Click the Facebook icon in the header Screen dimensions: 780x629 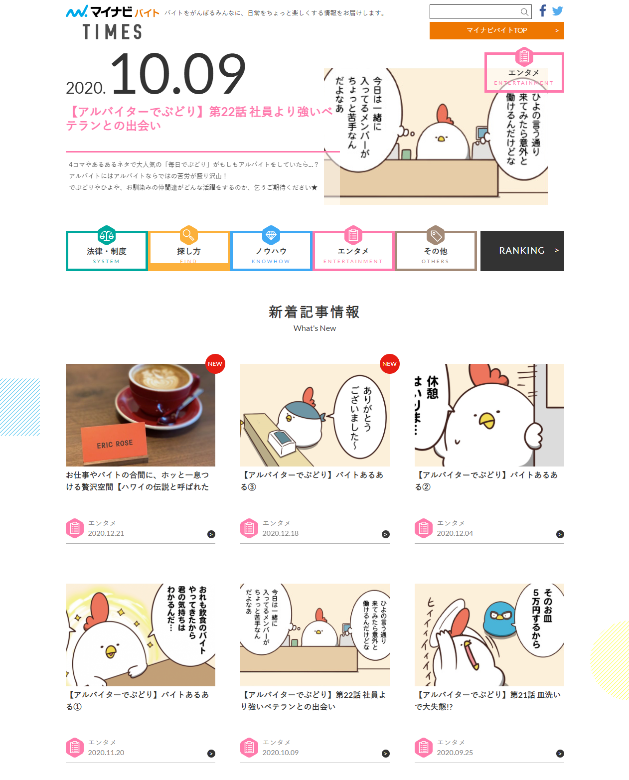pyautogui.click(x=543, y=10)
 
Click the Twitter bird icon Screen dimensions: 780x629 pyautogui.click(x=558, y=11)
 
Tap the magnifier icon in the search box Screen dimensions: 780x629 pyautogui.click(x=524, y=12)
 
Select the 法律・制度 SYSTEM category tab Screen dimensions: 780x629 pyautogui.click(x=107, y=251)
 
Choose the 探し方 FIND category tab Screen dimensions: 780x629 pyautogui.click(x=189, y=251)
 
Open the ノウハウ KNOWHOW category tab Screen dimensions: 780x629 pyautogui.click(x=271, y=251)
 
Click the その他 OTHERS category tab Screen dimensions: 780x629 pyautogui.click(x=436, y=251)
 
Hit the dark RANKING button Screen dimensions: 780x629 pyautogui.click(x=522, y=251)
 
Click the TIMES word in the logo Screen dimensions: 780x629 pyautogui.click(x=113, y=32)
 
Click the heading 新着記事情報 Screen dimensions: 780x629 pyautogui.click(x=314, y=312)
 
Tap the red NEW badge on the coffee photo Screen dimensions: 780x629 pyautogui.click(x=215, y=364)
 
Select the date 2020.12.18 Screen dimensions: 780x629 pyautogui.click(x=281, y=533)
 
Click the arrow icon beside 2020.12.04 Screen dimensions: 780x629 pyautogui.click(x=560, y=534)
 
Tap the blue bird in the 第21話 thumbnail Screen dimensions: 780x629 pyautogui.click(x=500, y=618)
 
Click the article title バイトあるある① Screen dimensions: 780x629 pyautogui.click(x=138, y=700)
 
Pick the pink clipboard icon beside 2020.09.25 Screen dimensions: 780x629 pyautogui.click(x=424, y=748)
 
